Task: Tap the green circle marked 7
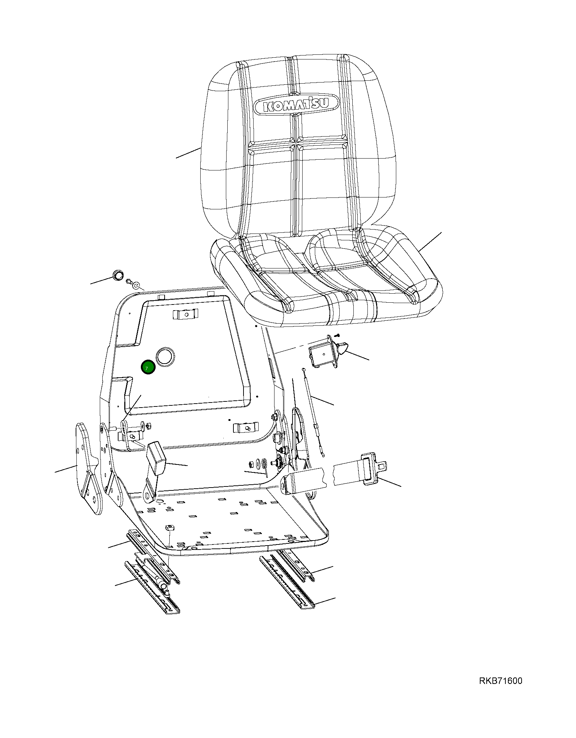(148, 368)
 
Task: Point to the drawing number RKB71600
(500, 681)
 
